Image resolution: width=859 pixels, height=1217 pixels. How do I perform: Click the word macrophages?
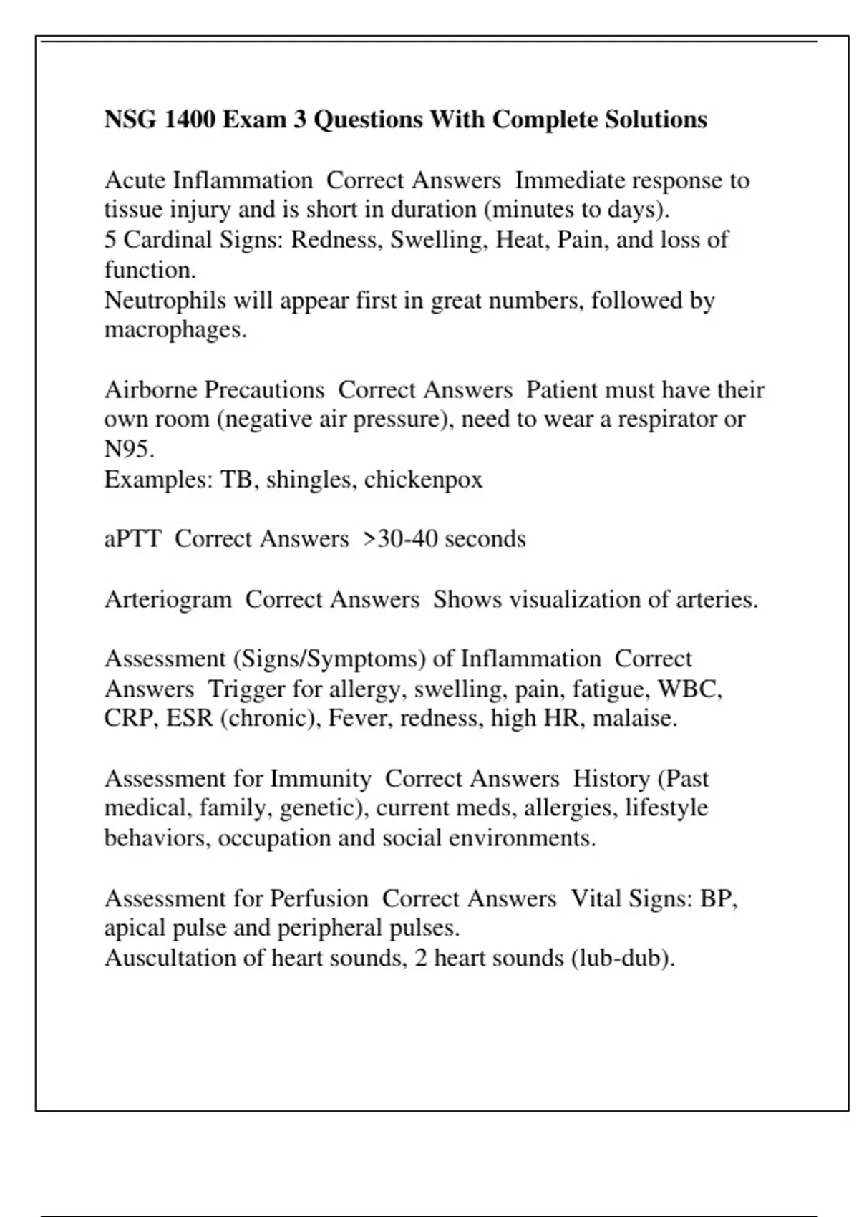point(175,330)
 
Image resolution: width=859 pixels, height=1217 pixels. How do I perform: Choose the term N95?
point(129,450)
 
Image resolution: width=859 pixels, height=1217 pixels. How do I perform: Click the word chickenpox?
point(423,480)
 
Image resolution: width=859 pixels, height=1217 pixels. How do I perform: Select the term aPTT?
point(132,539)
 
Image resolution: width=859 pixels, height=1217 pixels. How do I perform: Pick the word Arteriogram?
point(168,599)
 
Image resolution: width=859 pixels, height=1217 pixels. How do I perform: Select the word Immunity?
point(320,778)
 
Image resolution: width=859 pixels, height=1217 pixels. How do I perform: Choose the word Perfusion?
point(319,898)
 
